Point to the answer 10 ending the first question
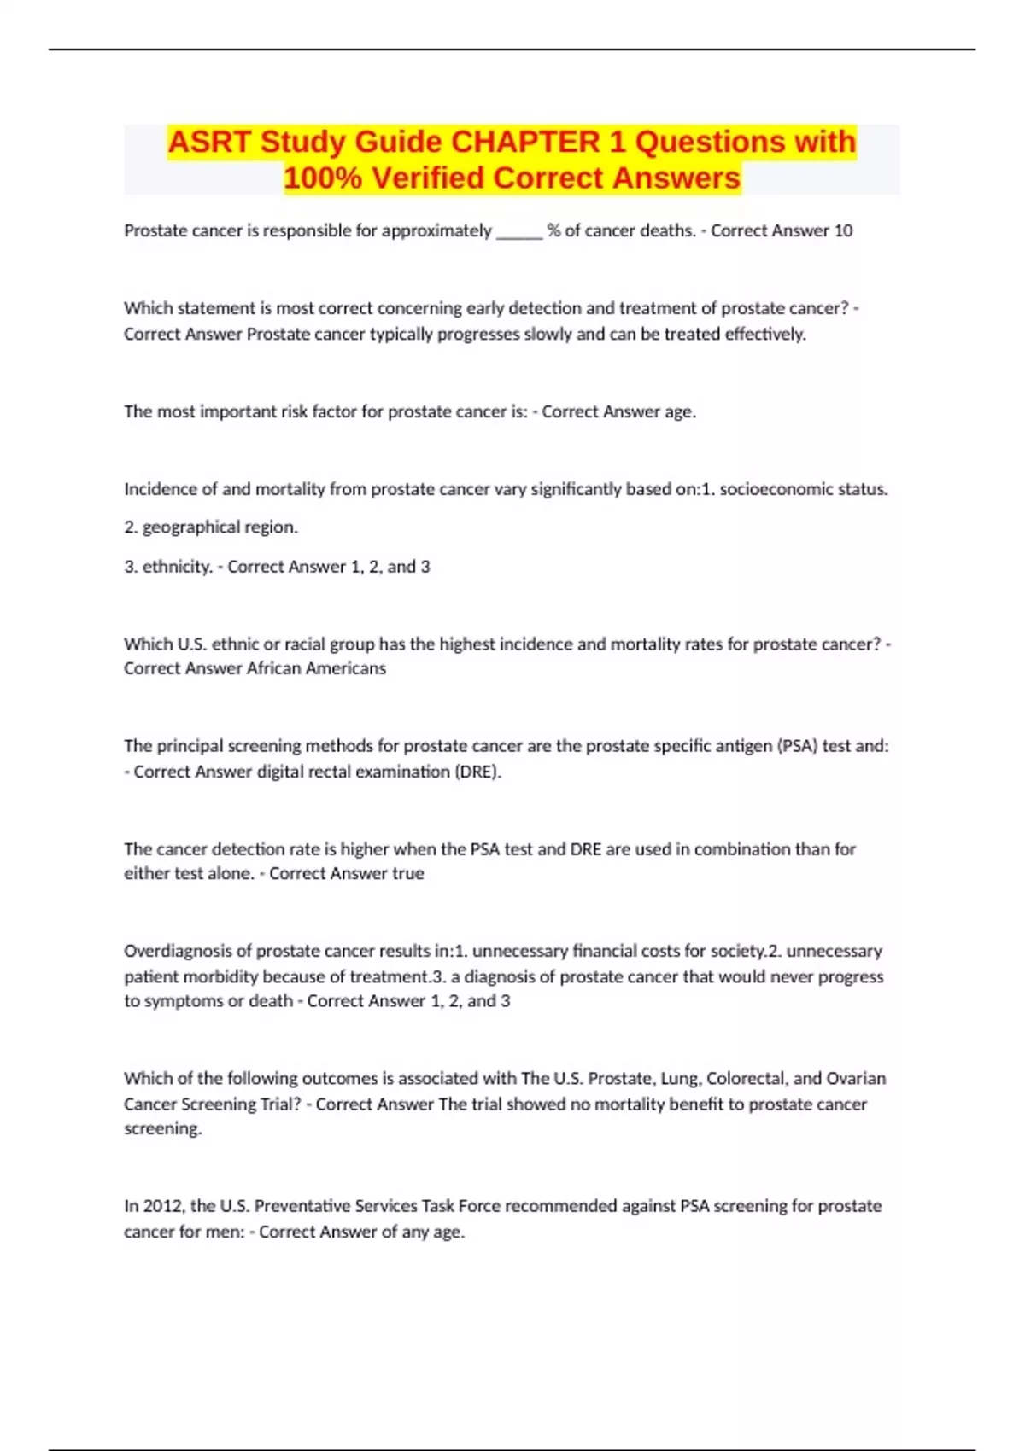point(843,230)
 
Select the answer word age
point(680,411)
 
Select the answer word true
point(408,873)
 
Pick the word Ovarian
point(857,1078)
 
